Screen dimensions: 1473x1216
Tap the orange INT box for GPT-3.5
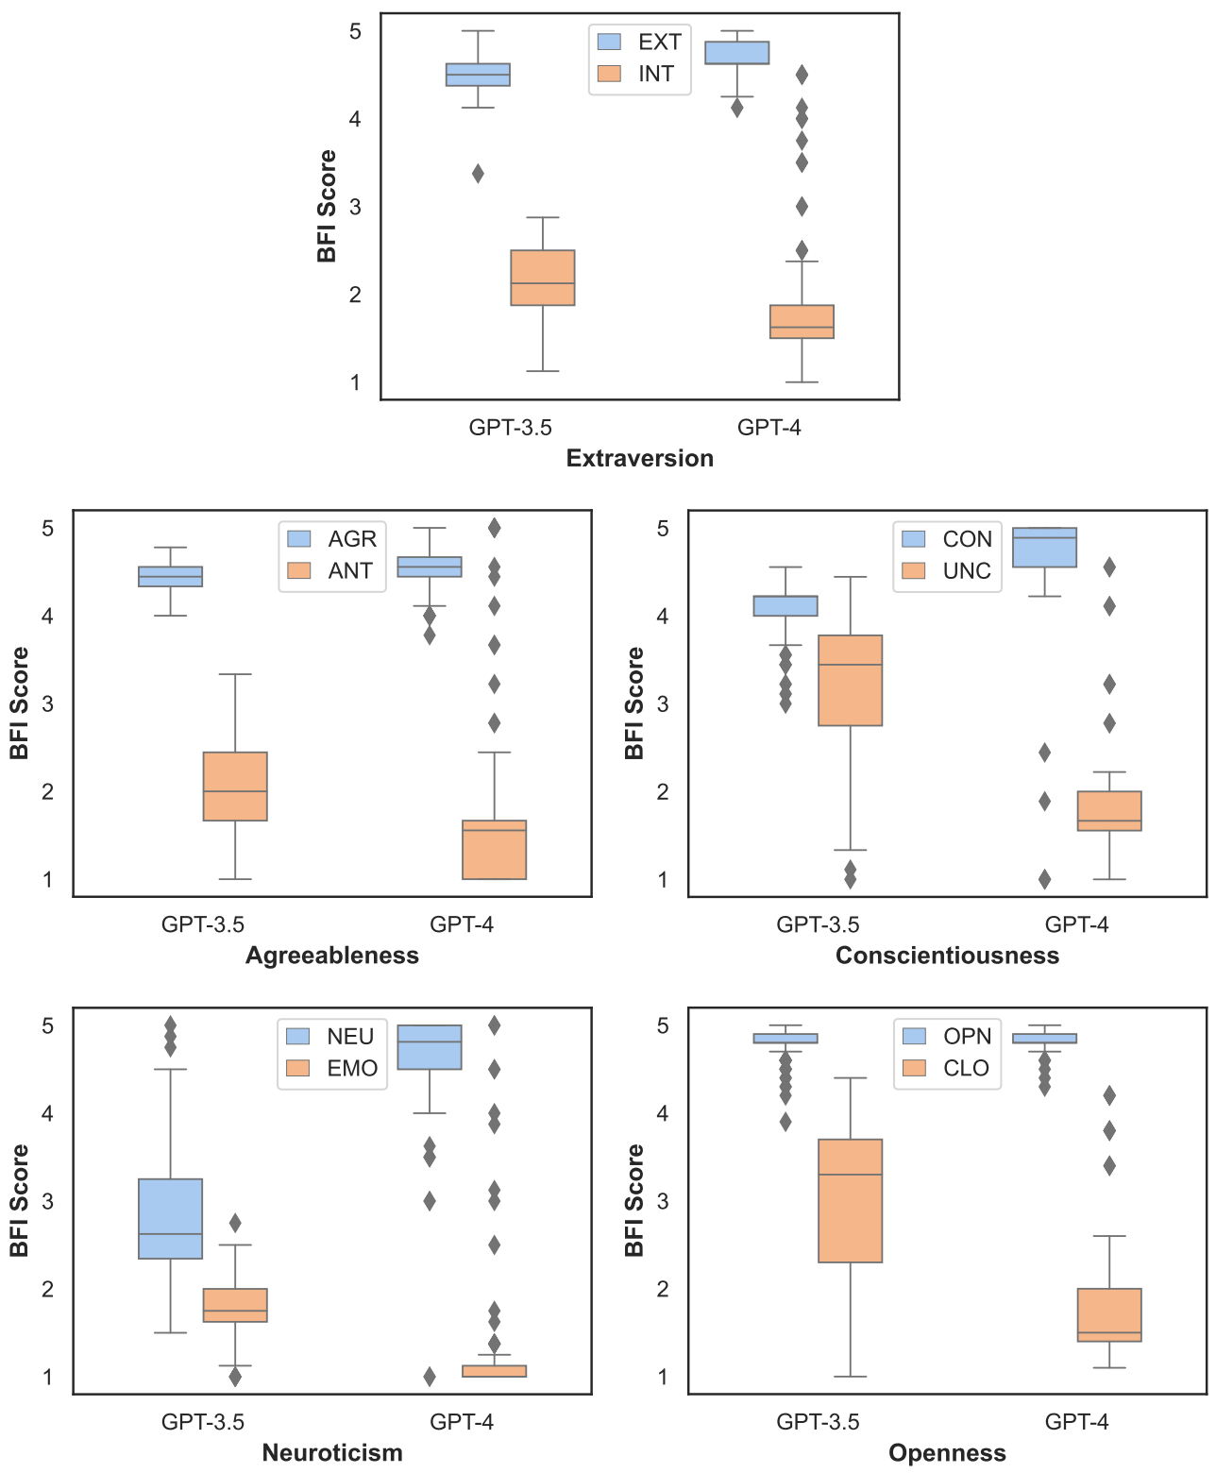[x=543, y=278]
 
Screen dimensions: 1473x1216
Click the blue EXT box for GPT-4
[x=737, y=53]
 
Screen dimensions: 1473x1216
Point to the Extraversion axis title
[x=639, y=458]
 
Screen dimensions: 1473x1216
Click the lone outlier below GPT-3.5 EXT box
[x=478, y=174]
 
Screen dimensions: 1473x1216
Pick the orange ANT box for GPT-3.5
[x=235, y=786]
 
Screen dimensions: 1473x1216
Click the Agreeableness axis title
[x=331, y=956]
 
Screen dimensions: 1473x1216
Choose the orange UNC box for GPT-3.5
[x=851, y=680]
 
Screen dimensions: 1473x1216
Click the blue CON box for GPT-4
[x=1045, y=548]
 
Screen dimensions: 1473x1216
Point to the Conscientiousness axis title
[x=947, y=956]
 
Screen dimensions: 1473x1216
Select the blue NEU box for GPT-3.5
[x=171, y=1218]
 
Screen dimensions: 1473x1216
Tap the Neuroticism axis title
[x=331, y=1452]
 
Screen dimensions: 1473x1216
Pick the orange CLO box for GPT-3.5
[x=851, y=1200]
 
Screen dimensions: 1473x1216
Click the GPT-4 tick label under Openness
[x=1076, y=1421]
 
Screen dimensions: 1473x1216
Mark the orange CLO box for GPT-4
[x=1109, y=1314]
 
